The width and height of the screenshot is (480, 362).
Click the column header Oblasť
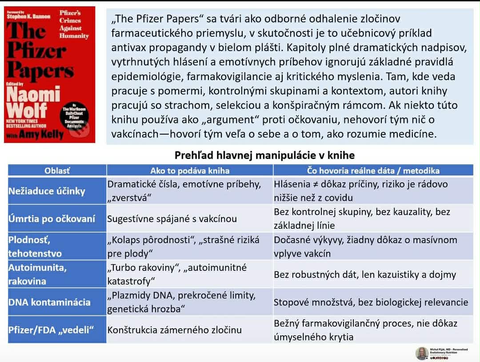57,171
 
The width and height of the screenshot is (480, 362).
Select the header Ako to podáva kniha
190,171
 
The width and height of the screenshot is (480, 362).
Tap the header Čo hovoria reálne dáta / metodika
373,171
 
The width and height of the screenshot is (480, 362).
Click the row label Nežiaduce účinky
47,191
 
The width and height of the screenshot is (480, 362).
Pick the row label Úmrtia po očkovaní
52,219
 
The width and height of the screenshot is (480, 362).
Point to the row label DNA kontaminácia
49,302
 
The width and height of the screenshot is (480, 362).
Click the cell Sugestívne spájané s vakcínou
172,219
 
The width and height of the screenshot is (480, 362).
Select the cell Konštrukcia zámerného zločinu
174,330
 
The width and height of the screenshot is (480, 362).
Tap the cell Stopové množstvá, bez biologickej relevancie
371,302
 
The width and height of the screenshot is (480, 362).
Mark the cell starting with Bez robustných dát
364,274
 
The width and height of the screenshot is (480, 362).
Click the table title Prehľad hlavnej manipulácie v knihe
264,155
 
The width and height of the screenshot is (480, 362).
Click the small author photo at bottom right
422,353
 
